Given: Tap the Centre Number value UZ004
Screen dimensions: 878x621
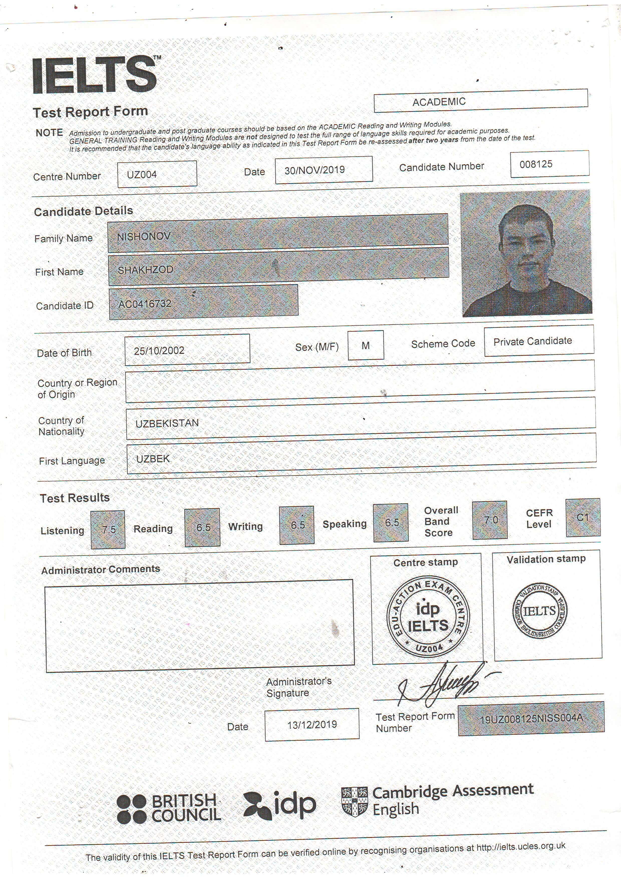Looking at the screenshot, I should click(x=142, y=175).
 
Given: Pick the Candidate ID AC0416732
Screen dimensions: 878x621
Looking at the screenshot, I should click(x=145, y=304).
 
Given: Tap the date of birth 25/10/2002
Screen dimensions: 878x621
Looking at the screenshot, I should click(x=159, y=351).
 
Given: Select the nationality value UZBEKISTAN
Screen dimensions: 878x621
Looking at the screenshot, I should click(x=167, y=423).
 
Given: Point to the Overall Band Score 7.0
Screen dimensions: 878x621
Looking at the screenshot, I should click(x=491, y=520).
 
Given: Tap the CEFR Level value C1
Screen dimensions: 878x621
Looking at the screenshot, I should click(x=582, y=517).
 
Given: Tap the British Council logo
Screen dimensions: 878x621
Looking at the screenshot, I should click(x=169, y=808).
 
